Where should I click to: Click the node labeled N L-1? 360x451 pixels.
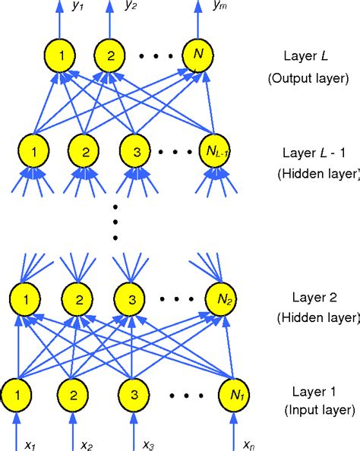tap(215, 152)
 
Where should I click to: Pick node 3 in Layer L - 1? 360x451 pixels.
tap(137, 152)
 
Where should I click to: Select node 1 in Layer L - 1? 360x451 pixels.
tap(33, 152)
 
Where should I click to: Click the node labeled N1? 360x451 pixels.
tap(233, 396)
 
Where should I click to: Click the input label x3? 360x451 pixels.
tap(149, 443)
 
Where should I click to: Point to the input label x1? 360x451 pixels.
tap(31, 443)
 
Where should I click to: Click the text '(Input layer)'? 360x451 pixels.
tap(318, 411)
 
